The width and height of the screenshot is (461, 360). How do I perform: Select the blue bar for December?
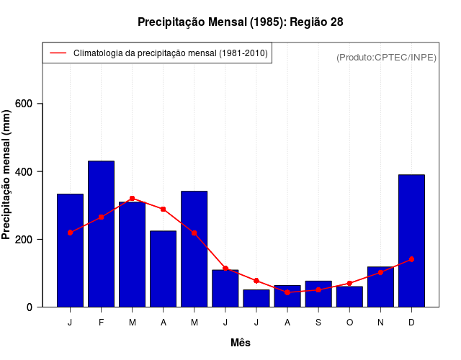pyautogui.click(x=411, y=240)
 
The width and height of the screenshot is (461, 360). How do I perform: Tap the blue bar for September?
pyautogui.click(x=318, y=294)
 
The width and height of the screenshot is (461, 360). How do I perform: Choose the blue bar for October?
pyautogui.click(x=349, y=297)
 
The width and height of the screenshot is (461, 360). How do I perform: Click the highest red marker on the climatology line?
pyautogui.click(x=132, y=198)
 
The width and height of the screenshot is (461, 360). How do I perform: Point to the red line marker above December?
pyautogui.click(x=411, y=259)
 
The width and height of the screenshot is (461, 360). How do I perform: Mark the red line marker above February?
pyautogui.click(x=101, y=217)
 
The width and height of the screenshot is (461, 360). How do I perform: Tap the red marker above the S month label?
pyautogui.click(x=318, y=289)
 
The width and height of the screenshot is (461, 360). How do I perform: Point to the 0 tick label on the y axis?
pyautogui.click(x=30, y=307)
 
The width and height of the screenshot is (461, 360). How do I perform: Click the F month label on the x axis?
pyautogui.click(x=101, y=323)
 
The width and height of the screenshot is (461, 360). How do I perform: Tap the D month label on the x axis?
pyautogui.click(x=411, y=323)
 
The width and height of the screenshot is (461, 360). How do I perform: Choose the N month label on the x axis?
pyautogui.click(x=380, y=323)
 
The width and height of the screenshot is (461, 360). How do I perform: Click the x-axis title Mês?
pyautogui.click(x=241, y=343)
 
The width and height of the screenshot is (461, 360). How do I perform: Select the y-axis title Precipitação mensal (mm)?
pyautogui.click(x=8, y=174)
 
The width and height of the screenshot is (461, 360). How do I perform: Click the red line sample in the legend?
pyautogui.click(x=58, y=53)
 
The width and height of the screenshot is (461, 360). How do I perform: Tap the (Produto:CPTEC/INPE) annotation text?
pyautogui.click(x=386, y=57)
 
